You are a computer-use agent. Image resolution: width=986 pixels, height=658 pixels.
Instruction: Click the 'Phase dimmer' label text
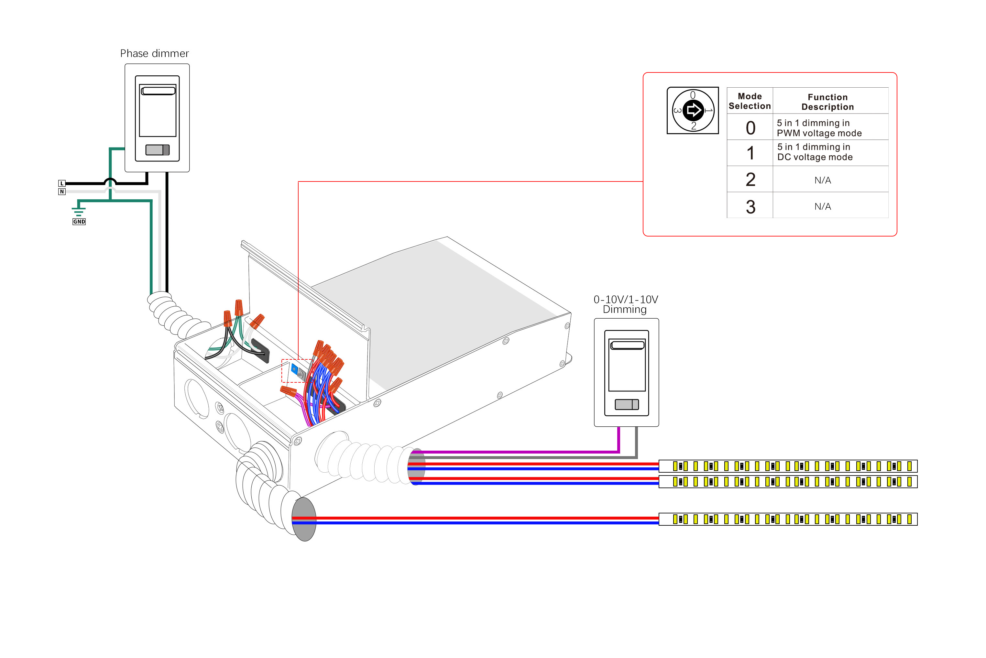tap(154, 54)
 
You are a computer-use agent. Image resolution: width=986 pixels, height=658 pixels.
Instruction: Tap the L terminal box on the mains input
tap(62, 183)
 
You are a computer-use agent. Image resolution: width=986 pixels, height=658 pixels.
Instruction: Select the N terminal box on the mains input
tap(62, 192)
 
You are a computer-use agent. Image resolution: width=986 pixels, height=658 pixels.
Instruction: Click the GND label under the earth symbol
tap(79, 222)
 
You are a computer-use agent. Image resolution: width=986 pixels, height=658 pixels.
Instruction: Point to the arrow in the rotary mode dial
tap(694, 111)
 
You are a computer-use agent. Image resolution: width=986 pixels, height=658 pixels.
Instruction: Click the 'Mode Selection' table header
tap(750, 101)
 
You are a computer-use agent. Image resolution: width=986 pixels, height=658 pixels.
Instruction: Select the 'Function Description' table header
tap(827, 102)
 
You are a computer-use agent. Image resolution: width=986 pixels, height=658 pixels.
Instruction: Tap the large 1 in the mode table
tap(750, 153)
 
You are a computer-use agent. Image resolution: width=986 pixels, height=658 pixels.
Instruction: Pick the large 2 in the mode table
tap(750, 180)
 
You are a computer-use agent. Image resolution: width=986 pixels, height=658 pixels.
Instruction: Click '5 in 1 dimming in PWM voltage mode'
tap(819, 128)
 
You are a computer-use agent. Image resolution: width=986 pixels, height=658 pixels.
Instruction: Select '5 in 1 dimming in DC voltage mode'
tap(815, 152)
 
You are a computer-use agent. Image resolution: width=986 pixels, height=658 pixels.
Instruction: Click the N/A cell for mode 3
tap(822, 206)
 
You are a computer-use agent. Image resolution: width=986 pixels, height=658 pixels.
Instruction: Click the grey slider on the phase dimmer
tap(157, 150)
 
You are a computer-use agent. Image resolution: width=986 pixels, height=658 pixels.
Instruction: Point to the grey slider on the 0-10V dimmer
tap(627, 404)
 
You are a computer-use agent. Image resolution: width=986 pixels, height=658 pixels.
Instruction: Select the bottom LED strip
tap(788, 519)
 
